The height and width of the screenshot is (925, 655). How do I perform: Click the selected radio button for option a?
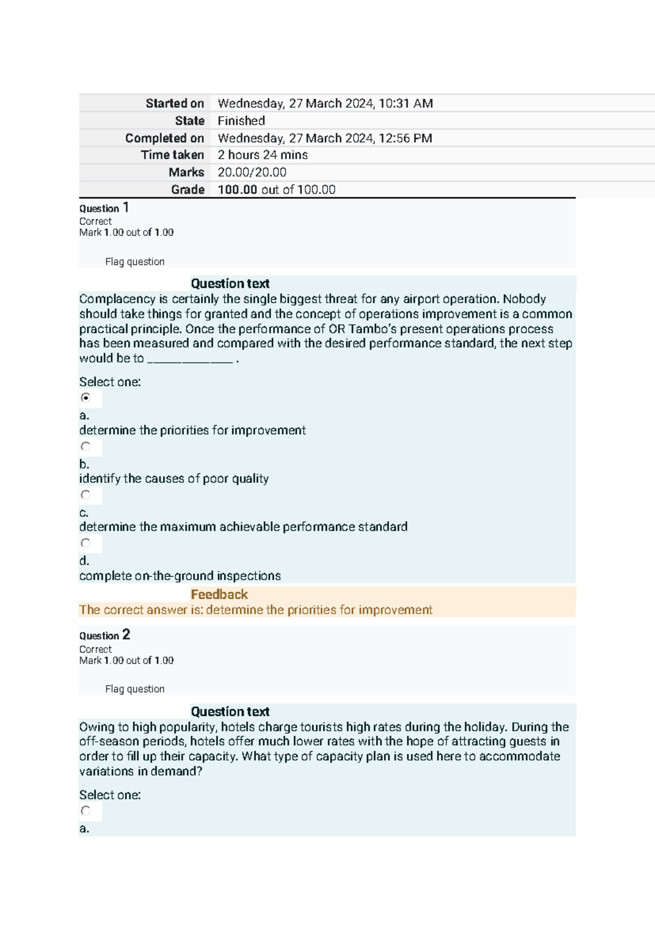[86, 398]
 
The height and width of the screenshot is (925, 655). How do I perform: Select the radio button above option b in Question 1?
[86, 447]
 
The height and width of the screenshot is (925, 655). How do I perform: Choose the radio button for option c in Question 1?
[86, 495]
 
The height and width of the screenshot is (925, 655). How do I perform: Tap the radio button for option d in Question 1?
[86, 543]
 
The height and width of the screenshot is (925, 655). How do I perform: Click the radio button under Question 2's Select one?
[86, 810]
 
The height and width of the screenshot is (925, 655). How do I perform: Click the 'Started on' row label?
[174, 103]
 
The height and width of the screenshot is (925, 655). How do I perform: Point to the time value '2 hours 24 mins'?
[263, 155]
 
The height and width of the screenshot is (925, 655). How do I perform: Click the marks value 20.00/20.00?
[252, 172]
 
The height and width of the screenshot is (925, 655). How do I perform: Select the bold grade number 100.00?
[237, 190]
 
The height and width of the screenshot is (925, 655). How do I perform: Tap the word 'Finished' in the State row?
[241, 121]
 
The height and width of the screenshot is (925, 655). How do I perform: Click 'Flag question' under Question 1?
[134, 262]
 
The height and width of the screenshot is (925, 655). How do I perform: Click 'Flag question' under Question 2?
[134, 689]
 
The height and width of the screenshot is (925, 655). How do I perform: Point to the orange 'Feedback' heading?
[219, 594]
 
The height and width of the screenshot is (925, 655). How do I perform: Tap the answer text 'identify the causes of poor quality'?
[174, 479]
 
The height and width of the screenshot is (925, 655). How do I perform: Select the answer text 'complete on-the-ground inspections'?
[180, 576]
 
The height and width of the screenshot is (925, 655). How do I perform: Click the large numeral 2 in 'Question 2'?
[126, 634]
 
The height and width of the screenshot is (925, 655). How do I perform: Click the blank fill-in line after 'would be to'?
[190, 359]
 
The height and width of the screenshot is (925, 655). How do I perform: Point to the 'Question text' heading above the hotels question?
[230, 712]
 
